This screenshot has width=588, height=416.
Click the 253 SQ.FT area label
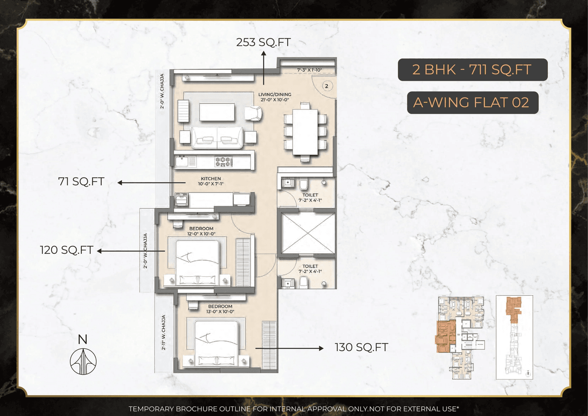263,43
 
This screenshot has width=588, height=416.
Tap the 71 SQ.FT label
81,182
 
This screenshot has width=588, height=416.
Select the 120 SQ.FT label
67,250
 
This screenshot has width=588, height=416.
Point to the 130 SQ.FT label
362,348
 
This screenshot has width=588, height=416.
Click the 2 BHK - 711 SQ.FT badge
472,70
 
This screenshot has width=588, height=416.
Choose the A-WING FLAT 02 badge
472,103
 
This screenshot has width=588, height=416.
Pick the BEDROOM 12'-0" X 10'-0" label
201,231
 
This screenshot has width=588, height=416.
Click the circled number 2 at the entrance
326,85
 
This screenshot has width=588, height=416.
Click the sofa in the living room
217,137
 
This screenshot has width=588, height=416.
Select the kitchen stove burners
223,161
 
